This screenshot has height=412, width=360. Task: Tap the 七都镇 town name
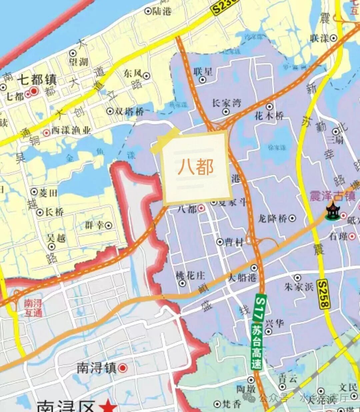pyautogui.click(x=37, y=80)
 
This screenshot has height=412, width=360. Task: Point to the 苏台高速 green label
pyautogui.click(x=257, y=348)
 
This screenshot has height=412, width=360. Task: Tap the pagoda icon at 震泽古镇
pyautogui.click(x=332, y=211)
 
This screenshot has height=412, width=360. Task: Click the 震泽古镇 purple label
pyautogui.click(x=332, y=196)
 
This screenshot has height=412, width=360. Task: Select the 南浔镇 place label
pyautogui.click(x=97, y=368)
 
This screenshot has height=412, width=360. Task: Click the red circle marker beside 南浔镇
pyautogui.click(x=123, y=368)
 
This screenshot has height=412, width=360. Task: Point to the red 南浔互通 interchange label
pyautogui.click(x=33, y=308)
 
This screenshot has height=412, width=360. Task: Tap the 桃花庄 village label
pyautogui.click(x=191, y=275)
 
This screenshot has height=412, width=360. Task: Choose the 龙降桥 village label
pyautogui.click(x=272, y=218)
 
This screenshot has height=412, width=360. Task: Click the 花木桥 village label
pyautogui.click(x=269, y=116)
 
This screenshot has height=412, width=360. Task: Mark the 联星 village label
pyautogui.click(x=203, y=71)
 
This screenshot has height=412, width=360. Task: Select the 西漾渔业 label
pyautogui.click(x=71, y=131)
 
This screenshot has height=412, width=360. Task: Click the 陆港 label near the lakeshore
pyautogui.click(x=162, y=11)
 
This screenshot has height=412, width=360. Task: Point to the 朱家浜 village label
pyautogui.click(x=299, y=286)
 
